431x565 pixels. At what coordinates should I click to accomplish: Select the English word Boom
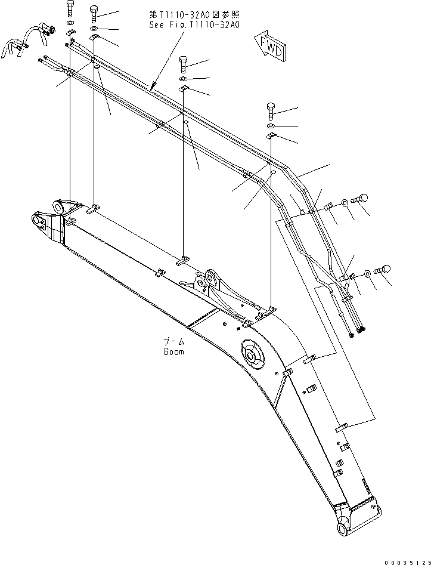(174, 351)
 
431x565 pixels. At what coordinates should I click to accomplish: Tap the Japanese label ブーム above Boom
(174, 342)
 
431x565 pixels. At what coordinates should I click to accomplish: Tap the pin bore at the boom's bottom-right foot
(344, 529)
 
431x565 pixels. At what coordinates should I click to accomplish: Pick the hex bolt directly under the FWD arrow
(271, 110)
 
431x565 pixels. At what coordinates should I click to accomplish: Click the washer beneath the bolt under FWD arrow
(271, 126)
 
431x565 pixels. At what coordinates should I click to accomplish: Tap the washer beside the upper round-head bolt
(346, 205)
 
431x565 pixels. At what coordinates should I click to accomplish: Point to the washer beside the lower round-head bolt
(368, 273)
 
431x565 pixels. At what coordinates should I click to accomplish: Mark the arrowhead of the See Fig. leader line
(151, 88)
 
